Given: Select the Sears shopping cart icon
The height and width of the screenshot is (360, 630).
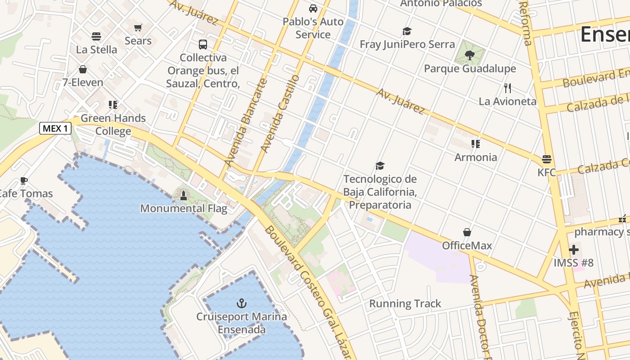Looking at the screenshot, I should tap(138, 27).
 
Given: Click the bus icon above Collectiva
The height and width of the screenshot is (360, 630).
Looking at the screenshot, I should tap(203, 44).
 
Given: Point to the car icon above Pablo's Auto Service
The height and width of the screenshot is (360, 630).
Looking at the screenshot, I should tap(313, 8).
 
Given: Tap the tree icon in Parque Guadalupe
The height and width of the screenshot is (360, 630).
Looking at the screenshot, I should tap(470, 55).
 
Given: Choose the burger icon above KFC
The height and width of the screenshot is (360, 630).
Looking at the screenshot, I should tap(547, 159).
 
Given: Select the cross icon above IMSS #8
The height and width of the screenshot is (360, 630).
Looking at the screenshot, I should tap(574, 249).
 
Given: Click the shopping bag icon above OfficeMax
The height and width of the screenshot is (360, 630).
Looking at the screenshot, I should tap(467, 232).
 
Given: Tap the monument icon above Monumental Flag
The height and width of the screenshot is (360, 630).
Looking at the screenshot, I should tap(183, 195).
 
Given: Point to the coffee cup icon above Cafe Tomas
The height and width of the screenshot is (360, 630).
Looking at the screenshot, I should tap(24, 180).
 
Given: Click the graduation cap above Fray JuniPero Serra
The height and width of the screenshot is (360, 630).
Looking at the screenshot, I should tap(407, 31).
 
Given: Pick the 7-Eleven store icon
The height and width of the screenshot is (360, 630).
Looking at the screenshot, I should tap(83, 69).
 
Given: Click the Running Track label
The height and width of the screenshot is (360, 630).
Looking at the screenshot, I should tap(405, 304).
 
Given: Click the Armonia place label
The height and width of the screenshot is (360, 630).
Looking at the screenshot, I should tap(476, 157).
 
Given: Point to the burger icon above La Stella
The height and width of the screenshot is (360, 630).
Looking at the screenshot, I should tap(96, 36).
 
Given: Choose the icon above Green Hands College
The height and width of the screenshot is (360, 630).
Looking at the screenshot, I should tap(113, 105).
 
